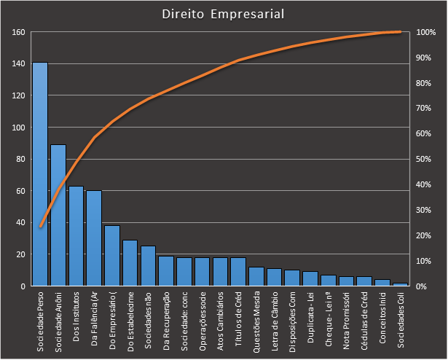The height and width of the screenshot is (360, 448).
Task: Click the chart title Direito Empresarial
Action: click(224, 14)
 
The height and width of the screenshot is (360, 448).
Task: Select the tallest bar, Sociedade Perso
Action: click(40, 175)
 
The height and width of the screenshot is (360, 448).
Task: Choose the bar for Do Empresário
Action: click(112, 256)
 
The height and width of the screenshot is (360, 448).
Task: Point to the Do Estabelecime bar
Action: click(130, 263)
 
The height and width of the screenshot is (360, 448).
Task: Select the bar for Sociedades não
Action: click(148, 266)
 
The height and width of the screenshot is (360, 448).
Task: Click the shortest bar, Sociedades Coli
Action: click(401, 284)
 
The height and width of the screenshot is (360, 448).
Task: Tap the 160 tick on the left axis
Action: click(18, 32)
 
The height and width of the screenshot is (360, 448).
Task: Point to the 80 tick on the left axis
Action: click(20, 159)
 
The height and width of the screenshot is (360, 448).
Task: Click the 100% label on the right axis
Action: click(427, 32)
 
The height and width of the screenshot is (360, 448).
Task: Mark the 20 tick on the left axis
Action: click(20, 254)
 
